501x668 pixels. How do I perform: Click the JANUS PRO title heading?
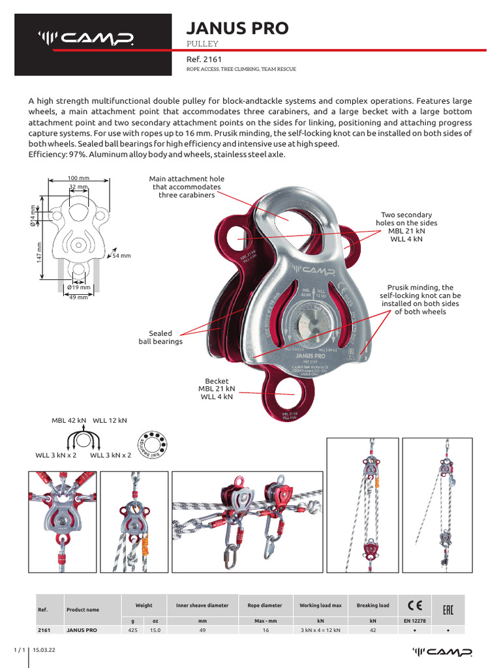[x=237, y=28]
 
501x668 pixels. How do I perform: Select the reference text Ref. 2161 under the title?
[x=204, y=59]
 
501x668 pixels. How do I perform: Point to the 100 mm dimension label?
[x=78, y=177]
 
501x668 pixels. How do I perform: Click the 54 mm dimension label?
[x=121, y=256]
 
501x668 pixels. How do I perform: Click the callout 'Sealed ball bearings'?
[x=160, y=337]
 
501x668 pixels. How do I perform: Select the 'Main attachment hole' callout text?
[x=187, y=187]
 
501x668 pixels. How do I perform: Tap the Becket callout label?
[x=217, y=389]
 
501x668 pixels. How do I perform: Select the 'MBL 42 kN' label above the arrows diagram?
[x=68, y=421]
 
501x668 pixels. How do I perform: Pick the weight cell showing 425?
[x=133, y=631]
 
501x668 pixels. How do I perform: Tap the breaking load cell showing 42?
[x=372, y=631]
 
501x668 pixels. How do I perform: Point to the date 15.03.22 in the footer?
[x=45, y=651]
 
